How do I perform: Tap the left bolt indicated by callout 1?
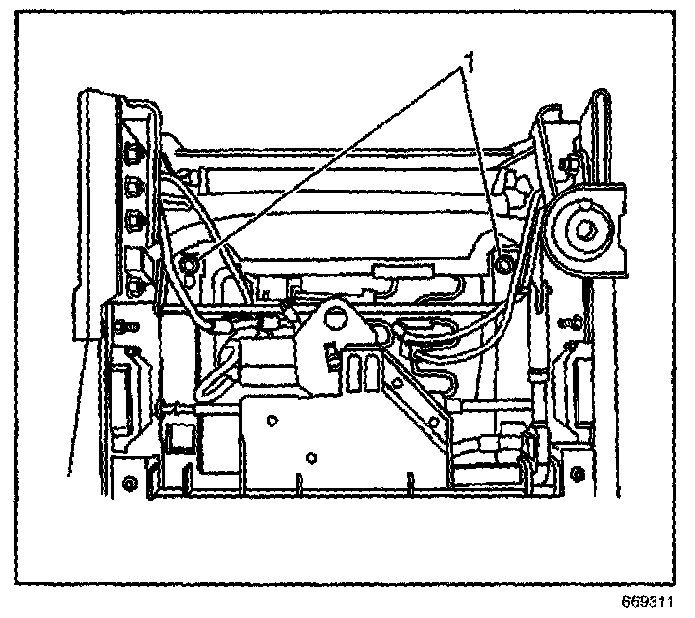pos(190,263)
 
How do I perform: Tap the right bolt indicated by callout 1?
pos(504,264)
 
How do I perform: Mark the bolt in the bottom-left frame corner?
pos(130,483)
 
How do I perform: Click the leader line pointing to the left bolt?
pos(326,168)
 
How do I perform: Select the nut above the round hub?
pos(572,158)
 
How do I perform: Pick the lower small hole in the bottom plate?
pos(312,456)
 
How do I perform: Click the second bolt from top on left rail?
pos(133,185)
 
